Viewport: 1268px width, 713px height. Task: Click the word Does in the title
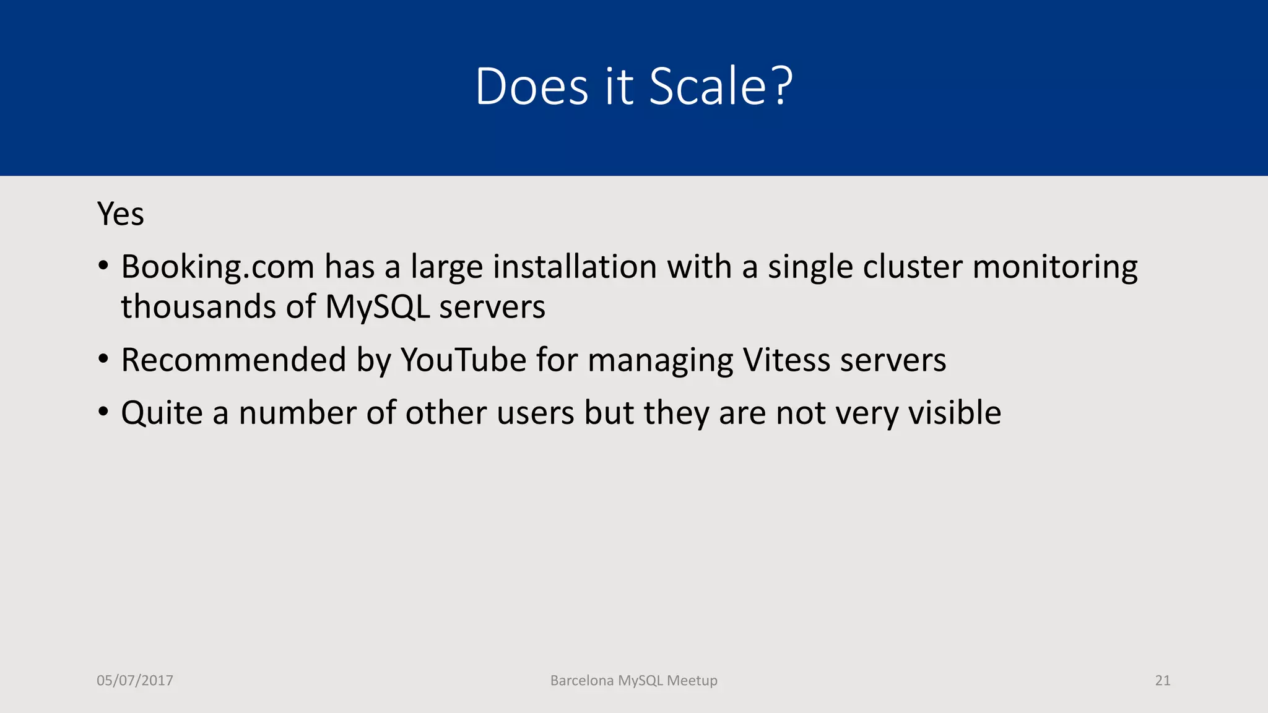(532, 86)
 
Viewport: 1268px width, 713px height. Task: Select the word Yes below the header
(121, 214)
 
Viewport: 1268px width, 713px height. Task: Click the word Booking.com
(218, 267)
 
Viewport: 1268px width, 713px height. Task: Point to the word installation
(575, 267)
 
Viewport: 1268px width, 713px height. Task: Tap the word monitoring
(1055, 267)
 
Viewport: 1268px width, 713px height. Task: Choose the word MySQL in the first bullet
(377, 308)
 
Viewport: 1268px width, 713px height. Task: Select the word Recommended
(233, 360)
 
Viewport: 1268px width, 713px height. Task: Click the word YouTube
(464, 360)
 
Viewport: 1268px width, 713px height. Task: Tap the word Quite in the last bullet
(162, 413)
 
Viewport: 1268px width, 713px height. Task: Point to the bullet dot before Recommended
(103, 359)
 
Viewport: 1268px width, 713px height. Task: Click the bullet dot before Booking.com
(103, 266)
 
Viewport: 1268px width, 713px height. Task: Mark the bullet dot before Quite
(103, 412)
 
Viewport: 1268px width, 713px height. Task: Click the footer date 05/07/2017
(135, 681)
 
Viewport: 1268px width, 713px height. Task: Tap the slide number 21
(1163, 681)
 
